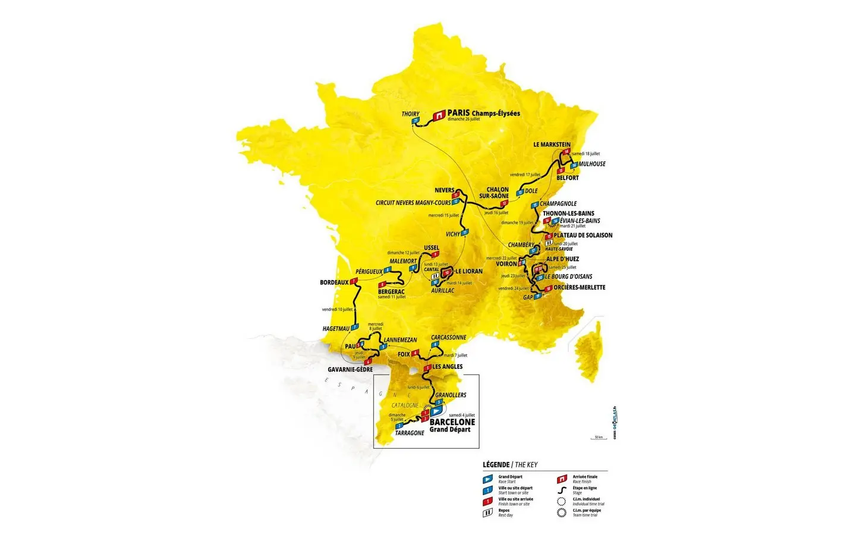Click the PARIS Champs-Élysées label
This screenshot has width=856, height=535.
click(483, 113)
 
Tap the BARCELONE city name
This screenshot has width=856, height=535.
click(452, 422)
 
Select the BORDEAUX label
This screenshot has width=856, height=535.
click(334, 282)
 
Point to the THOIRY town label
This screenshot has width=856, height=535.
click(410, 114)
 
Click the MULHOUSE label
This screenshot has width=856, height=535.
click(592, 164)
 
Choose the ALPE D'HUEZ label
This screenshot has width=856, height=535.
click(562, 259)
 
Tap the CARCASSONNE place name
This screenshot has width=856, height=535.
click(449, 338)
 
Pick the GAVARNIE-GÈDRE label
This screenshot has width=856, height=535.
click(350, 370)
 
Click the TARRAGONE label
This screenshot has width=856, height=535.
click(410, 433)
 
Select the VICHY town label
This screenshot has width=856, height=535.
click(453, 234)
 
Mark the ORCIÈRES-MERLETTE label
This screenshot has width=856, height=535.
click(579, 288)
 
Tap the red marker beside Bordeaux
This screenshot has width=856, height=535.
click(354, 281)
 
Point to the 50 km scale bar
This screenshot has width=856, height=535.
click(599, 438)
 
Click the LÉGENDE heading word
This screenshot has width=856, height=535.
click(496, 465)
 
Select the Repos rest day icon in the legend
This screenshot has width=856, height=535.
click(487, 512)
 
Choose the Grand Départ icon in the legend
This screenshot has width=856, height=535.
click(487, 479)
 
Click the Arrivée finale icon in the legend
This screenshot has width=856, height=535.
click(561, 479)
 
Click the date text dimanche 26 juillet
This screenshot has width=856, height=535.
click(464, 119)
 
